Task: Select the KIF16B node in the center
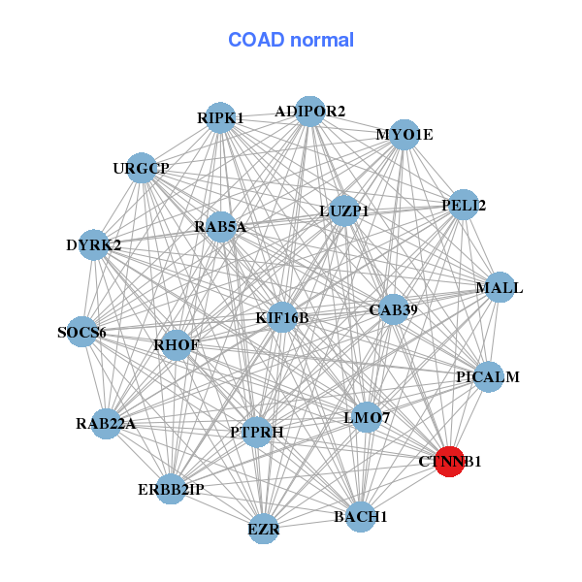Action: pos(281,317)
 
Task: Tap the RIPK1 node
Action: pos(221,117)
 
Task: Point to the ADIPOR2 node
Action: pos(309,112)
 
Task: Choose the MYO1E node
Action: pos(404,134)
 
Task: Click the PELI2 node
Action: pos(464,205)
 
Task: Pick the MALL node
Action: pos(499,288)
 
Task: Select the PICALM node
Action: pos(488,376)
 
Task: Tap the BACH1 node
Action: pos(360,516)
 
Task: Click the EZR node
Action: pos(264,529)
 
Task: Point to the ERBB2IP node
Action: pos(172,489)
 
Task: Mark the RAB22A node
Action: pos(107,423)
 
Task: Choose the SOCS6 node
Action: pos(82,333)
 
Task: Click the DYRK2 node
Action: pos(94,244)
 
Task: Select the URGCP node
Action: pos(142,168)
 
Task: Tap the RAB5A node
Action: pos(221,227)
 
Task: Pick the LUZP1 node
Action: pos(344,210)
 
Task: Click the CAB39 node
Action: pos(393,309)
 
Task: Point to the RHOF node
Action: pos(176,344)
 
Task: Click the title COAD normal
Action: pos(291,40)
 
